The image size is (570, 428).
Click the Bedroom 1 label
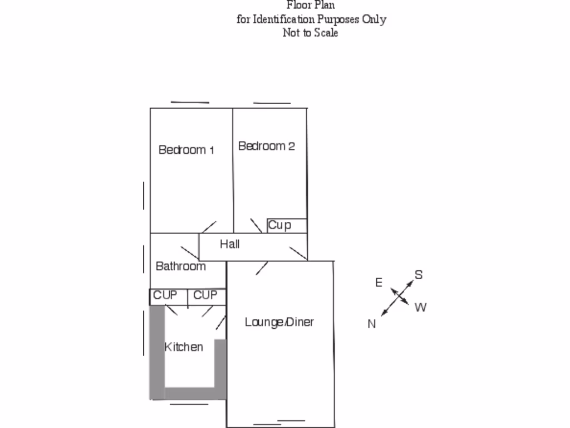[186, 150]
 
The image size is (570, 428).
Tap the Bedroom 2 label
[266, 146]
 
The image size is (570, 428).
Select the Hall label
[229, 244]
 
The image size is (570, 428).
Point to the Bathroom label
[180, 266]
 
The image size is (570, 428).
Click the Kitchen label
[184, 347]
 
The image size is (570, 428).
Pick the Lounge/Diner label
[279, 322]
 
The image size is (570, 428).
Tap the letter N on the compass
[372, 324]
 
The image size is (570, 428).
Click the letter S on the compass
[419, 275]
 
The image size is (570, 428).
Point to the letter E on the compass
[379, 283]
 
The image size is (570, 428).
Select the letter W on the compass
[420, 307]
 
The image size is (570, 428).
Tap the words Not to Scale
[311, 32]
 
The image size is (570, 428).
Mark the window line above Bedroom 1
[190, 103]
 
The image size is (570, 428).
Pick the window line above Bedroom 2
[272, 103]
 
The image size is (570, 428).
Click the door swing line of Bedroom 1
[209, 227]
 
